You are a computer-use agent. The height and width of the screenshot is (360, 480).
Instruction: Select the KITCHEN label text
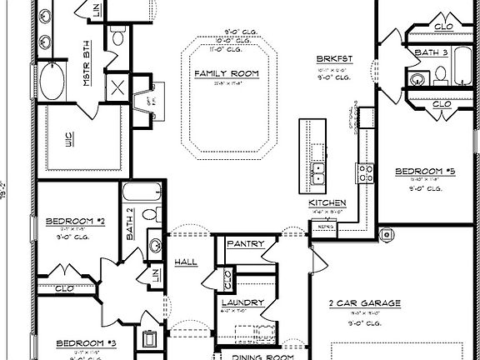(327, 203)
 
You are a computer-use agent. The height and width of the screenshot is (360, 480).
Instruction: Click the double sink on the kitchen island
(317, 172)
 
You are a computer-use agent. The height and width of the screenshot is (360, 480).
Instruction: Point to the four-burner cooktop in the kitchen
(365, 172)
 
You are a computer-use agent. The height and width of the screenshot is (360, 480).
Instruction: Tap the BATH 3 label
(430, 52)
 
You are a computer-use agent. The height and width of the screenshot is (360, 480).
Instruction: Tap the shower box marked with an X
(118, 87)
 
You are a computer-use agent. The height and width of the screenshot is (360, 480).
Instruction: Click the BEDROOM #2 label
(73, 221)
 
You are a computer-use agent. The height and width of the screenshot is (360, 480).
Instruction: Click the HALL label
(186, 262)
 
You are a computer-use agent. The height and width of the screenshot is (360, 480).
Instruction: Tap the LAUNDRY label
(243, 302)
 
